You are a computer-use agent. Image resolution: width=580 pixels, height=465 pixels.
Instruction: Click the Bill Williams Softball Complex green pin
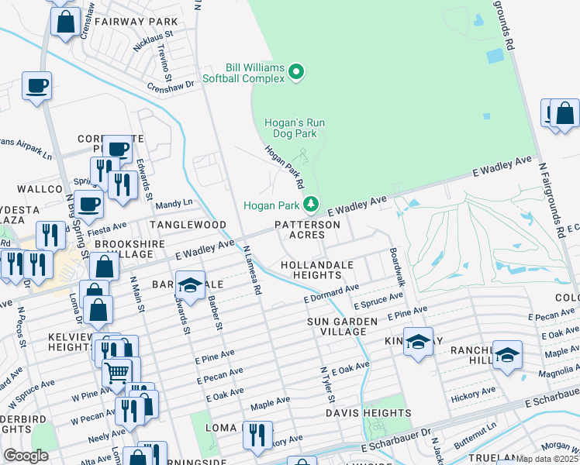point(295,73)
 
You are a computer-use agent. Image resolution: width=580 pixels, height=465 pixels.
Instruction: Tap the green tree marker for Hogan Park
point(311,204)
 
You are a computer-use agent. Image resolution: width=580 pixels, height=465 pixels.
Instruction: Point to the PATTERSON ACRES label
point(307,229)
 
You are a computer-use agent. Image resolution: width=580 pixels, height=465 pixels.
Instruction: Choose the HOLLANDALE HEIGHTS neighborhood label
point(317,270)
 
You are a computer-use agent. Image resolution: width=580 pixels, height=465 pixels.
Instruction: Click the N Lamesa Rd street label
point(252,271)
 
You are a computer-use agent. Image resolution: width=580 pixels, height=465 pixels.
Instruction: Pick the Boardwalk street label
point(397,267)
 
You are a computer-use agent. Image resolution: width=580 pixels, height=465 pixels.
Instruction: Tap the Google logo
point(26,456)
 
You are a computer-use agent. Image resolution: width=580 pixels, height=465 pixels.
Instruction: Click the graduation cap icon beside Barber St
point(190,284)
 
